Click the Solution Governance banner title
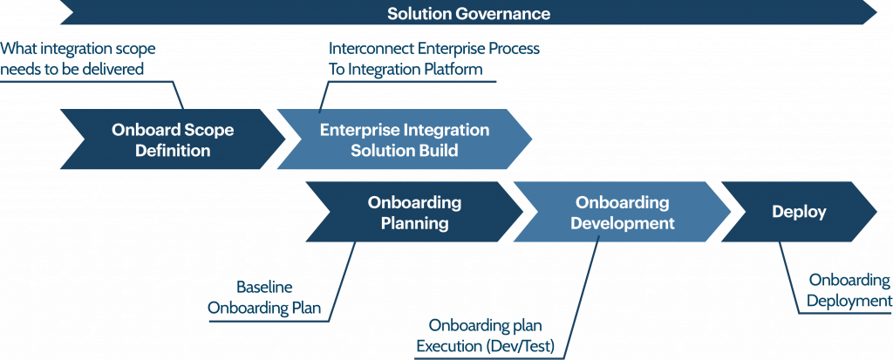468,13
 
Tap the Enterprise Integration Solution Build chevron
405,139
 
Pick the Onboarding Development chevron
622,212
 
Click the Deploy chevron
799,212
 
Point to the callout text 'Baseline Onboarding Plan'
264,297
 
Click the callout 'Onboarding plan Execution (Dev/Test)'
485,336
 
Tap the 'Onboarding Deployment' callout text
849,290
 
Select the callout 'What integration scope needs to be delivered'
78,58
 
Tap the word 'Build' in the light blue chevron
436,151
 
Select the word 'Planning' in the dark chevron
414,223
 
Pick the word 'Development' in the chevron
623,223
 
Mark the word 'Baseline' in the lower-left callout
264,288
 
